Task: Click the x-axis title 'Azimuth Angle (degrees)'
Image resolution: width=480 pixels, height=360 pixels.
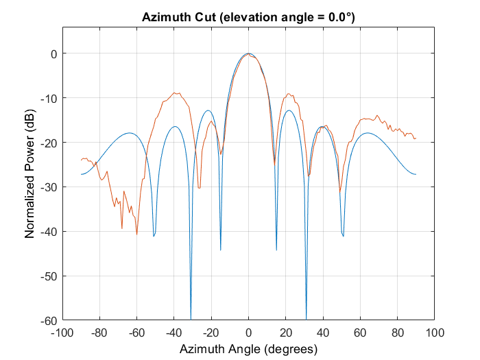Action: [248, 349]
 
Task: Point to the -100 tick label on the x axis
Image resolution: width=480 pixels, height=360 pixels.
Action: [62, 333]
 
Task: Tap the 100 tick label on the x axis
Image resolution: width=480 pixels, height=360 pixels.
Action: [435, 333]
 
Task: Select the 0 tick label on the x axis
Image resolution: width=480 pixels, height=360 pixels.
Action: [249, 333]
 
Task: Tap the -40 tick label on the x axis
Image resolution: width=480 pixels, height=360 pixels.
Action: [174, 333]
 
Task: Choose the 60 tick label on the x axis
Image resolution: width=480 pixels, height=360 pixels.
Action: [361, 333]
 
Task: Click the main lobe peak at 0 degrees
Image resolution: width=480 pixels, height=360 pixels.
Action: [248, 53]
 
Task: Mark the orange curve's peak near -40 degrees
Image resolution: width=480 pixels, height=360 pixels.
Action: [176, 93]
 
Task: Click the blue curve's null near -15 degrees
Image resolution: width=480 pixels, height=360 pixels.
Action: [221, 250]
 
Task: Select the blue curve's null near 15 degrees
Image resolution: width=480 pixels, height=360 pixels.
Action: [276, 250]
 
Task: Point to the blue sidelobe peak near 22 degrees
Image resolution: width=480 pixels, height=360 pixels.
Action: [289, 110]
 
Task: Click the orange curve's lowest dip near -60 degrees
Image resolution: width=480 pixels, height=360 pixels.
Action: [136, 234]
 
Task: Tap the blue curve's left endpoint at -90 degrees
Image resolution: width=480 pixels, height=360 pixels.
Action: [81, 174]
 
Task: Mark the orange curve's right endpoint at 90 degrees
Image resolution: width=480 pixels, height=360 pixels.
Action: [416, 139]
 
